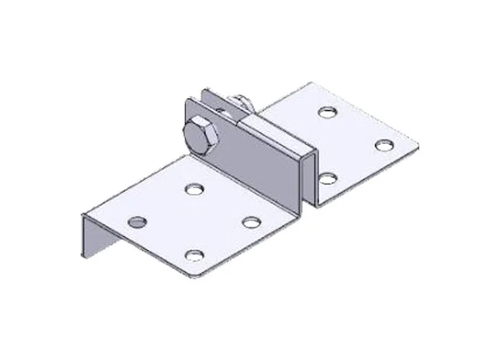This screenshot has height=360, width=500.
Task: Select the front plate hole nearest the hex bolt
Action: click(192, 189)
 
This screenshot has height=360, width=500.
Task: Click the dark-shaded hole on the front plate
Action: click(137, 220)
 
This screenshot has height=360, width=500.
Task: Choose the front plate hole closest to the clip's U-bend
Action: click(251, 222)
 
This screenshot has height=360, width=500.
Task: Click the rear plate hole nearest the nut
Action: click(328, 113)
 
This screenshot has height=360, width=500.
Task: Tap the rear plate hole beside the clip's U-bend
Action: click(328, 177)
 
